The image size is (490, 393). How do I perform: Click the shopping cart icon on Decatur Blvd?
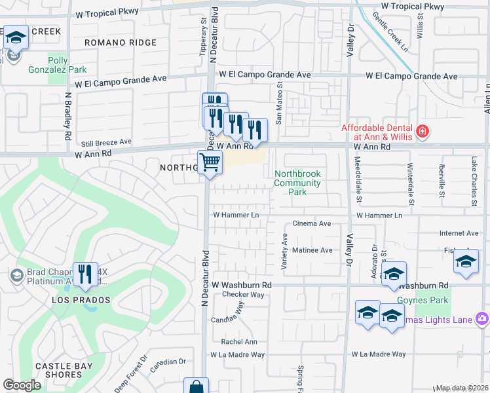point(210,162)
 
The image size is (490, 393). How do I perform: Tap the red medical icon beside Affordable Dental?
point(423,131)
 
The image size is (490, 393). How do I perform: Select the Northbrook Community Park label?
point(298,183)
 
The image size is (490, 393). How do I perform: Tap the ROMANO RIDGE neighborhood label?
point(121,43)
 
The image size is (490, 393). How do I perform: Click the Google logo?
point(22,385)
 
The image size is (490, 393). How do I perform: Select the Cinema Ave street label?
point(312,223)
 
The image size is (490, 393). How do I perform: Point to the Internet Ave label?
point(459,233)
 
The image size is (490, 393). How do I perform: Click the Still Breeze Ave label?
point(105,141)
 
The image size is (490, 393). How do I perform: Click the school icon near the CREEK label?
point(15,37)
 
